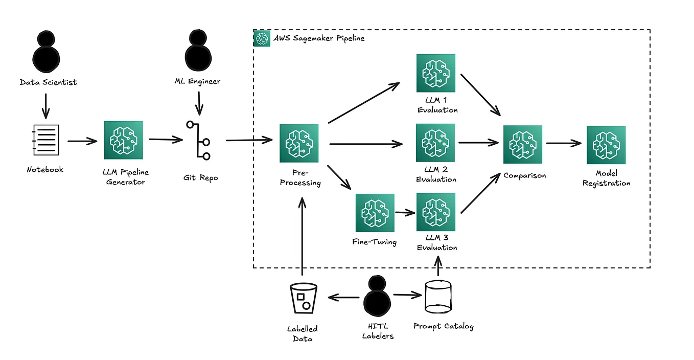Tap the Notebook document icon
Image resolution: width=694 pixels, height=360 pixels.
coord(45,140)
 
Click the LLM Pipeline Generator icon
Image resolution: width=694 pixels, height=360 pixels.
coord(123,140)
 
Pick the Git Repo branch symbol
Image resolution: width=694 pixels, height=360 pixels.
coord(199,140)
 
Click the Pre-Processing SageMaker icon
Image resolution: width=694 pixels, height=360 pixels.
coord(299,143)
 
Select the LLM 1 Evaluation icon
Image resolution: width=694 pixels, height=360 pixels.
coord(436,74)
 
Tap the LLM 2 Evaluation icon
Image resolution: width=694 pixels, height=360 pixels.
coord(436,143)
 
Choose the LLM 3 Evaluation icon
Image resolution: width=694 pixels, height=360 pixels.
coord(436,212)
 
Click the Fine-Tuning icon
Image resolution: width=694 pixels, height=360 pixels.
coord(375,213)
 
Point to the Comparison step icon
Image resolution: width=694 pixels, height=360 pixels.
coord(523,144)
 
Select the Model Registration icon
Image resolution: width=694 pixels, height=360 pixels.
coord(606,145)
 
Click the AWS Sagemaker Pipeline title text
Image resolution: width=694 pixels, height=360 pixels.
coord(319,38)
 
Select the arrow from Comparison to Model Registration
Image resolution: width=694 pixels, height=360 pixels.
coord(563,144)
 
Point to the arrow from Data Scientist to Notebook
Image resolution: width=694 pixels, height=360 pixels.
coord(45,105)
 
